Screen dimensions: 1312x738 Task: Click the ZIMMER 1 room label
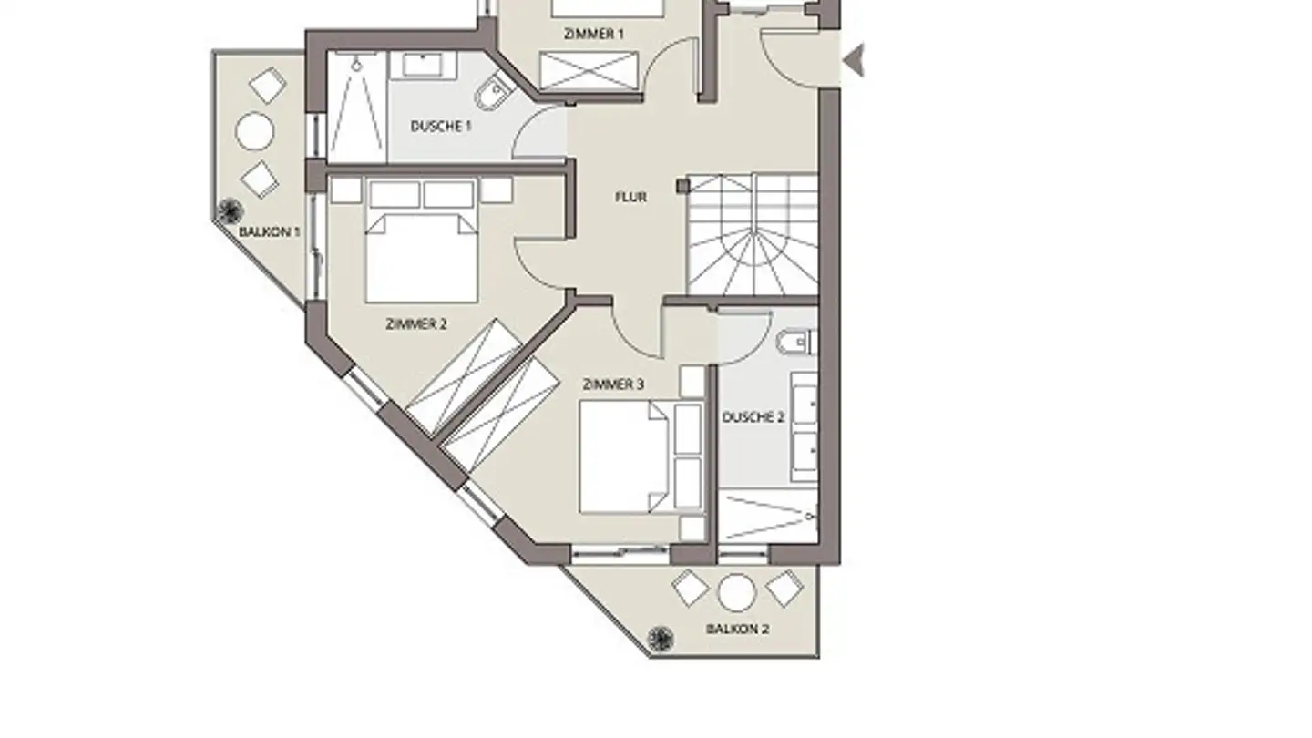click(x=593, y=34)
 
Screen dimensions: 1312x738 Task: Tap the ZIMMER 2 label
click(x=416, y=324)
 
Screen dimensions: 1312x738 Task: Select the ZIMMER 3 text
click(x=613, y=384)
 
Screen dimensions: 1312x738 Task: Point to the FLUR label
click(x=630, y=198)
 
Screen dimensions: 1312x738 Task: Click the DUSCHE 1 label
click(x=441, y=127)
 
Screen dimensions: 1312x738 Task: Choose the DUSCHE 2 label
click(x=753, y=417)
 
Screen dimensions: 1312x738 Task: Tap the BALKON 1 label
click(x=270, y=232)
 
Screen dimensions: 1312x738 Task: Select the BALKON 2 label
click(x=737, y=630)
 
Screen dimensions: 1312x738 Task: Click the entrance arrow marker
click(x=855, y=60)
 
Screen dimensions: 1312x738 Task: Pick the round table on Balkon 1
click(x=255, y=132)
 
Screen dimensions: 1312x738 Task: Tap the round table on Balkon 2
click(x=737, y=593)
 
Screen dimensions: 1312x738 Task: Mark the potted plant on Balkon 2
click(x=660, y=639)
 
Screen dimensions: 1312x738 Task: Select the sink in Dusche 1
click(x=423, y=65)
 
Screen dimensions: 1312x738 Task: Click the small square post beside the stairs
click(x=682, y=186)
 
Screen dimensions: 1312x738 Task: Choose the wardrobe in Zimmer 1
click(x=589, y=72)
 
